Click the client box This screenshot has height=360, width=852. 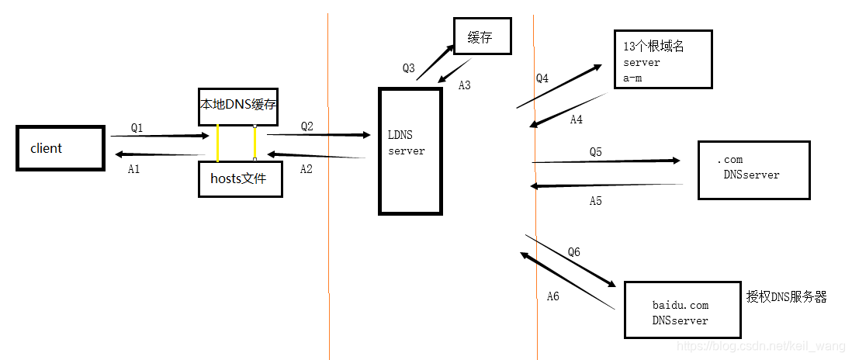click(61, 148)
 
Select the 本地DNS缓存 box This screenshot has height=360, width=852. click(238, 106)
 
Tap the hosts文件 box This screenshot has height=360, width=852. click(241, 178)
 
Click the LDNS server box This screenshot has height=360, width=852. click(410, 151)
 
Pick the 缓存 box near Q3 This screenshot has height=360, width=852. click(482, 37)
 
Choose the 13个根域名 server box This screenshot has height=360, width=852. click(662, 61)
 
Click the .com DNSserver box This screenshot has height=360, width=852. click(753, 170)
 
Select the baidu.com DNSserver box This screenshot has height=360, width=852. click(680, 310)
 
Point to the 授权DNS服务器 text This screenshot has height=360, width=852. click(786, 296)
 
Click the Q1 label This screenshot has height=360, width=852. click(137, 127)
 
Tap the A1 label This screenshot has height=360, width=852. click(133, 169)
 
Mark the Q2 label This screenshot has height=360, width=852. click(307, 126)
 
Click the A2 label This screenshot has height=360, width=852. click(306, 170)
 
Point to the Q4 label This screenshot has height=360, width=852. click(542, 78)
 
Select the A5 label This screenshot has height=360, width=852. click(595, 201)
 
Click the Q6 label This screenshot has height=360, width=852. click(573, 252)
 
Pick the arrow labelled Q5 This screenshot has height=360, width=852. click(605, 161)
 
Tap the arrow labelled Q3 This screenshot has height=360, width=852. click(435, 61)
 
